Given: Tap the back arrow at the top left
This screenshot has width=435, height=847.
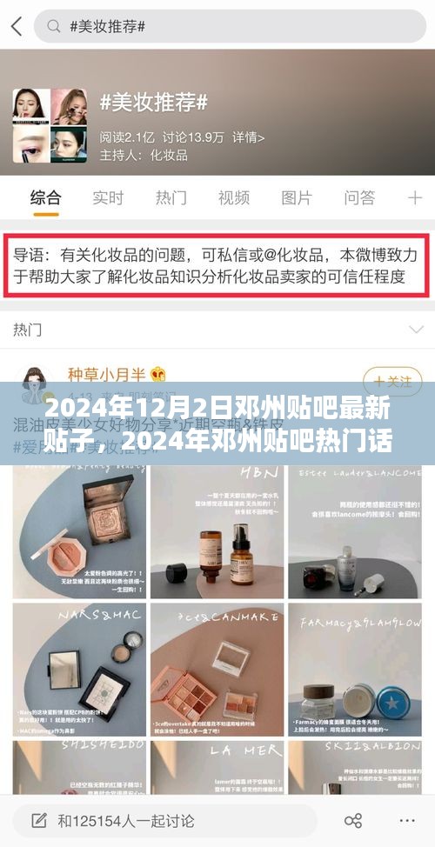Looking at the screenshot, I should pos(16,26).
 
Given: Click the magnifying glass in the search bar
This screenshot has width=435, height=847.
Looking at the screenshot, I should pos(53,26).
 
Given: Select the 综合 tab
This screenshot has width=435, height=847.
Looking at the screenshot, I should pos(45,197).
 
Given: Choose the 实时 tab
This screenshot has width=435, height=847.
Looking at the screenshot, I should pos(108,197).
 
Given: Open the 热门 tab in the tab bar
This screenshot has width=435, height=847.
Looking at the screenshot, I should pos(171,197).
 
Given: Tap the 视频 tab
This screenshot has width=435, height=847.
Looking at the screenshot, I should pos(233,197).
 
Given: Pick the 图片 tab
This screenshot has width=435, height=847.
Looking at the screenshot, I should pos(296,197).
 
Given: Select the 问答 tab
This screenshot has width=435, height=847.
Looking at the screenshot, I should pos(359,197).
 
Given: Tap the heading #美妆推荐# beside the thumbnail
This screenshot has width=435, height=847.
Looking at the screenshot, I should pos(153,103).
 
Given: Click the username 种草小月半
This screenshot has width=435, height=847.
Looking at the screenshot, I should pos(105,374).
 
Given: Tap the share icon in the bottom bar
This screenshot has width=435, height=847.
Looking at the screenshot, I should pos(353,820).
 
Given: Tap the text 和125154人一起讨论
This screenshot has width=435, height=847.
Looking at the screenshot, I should pos(126,820).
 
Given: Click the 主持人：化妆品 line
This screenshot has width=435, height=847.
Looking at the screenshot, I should pos(144,155).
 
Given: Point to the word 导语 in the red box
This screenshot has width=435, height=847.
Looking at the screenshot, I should pos(30,232).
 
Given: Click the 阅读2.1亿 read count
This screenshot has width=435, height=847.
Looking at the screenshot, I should pos(128,137).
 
